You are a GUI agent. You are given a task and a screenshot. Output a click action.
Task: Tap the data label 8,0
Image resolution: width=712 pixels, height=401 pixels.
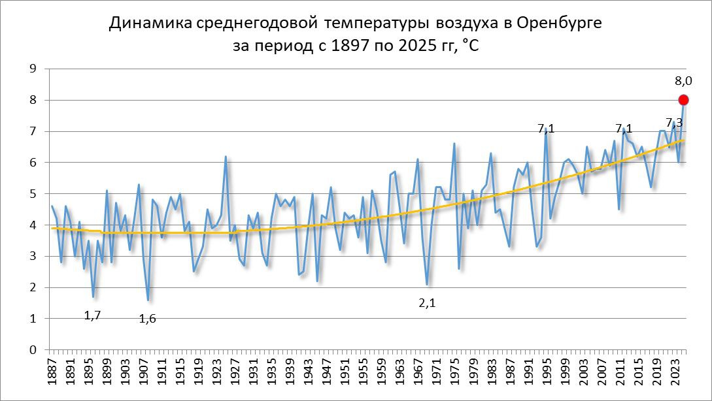tap(683, 82)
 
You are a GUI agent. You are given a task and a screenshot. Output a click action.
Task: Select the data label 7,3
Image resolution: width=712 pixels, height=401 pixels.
tap(674, 123)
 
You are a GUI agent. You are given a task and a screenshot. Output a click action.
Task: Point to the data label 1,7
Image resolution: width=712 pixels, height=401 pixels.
tap(93, 315)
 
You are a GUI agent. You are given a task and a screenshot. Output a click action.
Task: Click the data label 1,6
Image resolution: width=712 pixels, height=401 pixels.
tap(148, 319)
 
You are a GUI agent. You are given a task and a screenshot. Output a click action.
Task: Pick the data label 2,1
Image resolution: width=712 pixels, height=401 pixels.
tap(427, 303)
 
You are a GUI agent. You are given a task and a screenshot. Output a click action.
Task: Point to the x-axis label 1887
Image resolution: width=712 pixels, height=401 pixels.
tap(52, 370)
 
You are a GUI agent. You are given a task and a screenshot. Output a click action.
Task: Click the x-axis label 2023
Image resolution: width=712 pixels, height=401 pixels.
tap(675, 370)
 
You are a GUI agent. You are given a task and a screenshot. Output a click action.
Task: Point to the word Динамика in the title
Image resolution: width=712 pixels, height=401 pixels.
tap(150, 24)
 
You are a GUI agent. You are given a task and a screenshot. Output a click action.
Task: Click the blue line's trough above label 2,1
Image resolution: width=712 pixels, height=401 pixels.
tap(427, 284)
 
